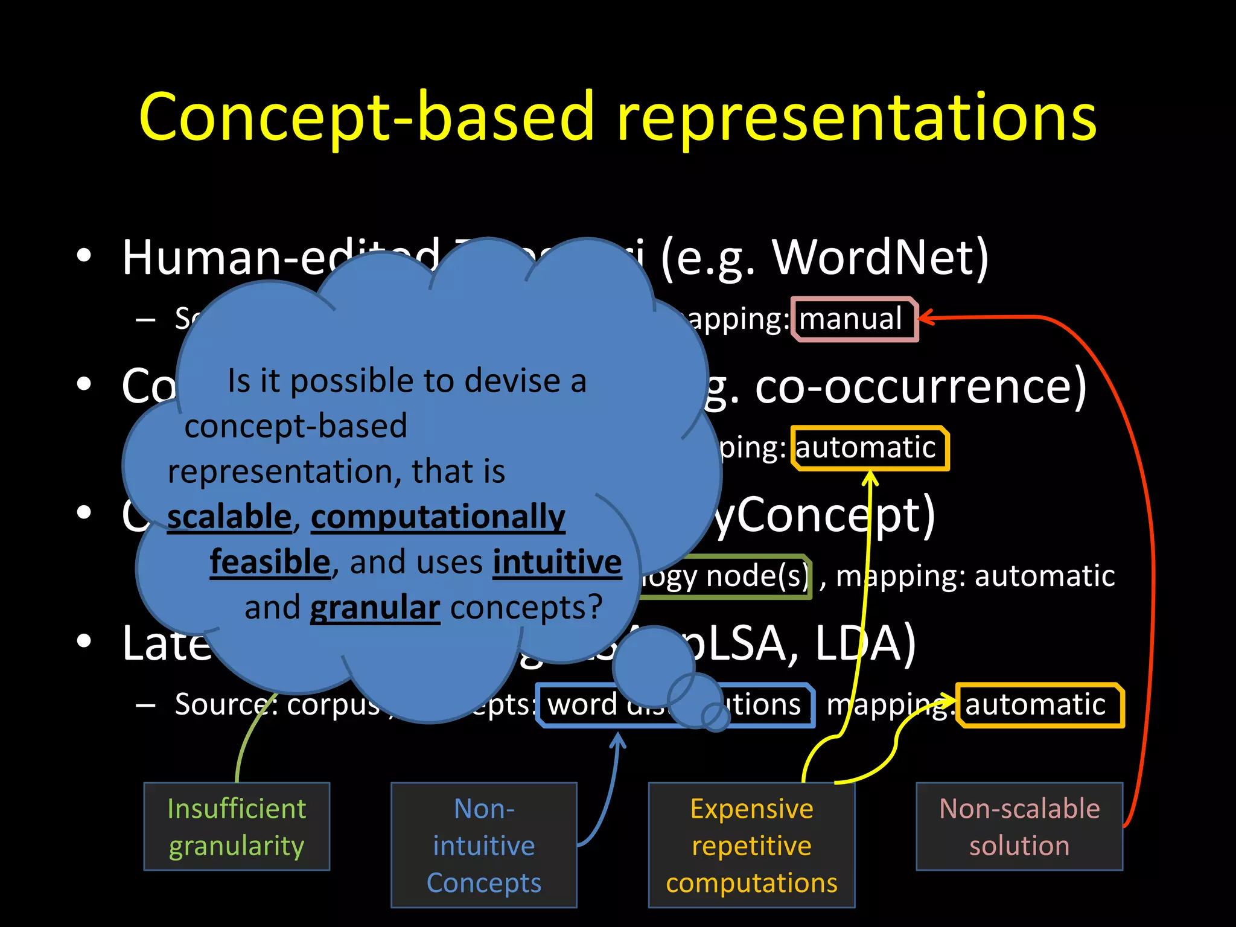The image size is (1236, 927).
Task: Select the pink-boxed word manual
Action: pyautogui.click(x=851, y=319)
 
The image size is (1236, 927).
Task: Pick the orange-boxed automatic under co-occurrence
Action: pyautogui.click(x=866, y=448)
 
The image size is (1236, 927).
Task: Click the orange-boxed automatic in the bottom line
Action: pyautogui.click(x=1035, y=705)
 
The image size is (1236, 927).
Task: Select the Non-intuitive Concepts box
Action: pyautogui.click(x=484, y=845)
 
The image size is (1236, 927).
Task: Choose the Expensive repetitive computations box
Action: pyautogui.click(x=751, y=845)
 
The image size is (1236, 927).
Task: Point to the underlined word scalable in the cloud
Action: pyautogui.click(x=229, y=517)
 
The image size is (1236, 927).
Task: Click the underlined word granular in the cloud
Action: pyautogui.click(x=375, y=608)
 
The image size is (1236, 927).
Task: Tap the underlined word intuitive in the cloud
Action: pyautogui.click(x=557, y=562)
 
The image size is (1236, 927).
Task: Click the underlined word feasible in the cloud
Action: pyautogui.click(x=270, y=562)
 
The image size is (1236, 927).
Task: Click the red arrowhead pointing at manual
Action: pyautogui.click(x=925, y=318)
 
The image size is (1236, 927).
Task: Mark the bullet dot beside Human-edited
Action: pyautogui.click(x=84, y=256)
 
